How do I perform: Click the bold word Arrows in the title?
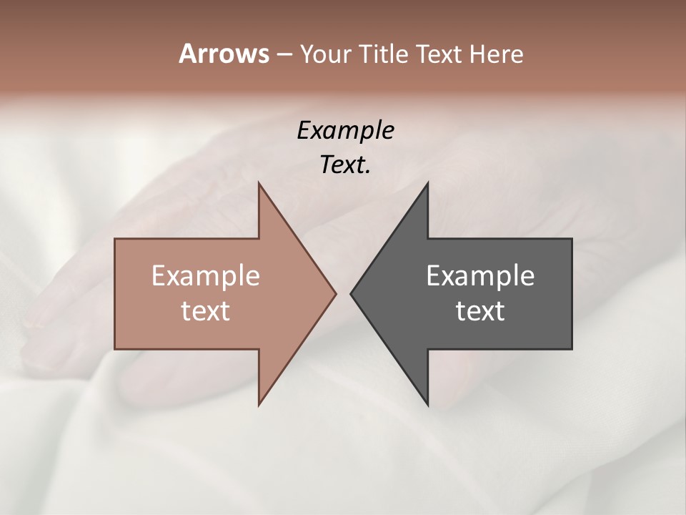[224, 54]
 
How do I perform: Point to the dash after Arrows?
[284, 54]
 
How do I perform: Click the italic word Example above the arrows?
[345, 130]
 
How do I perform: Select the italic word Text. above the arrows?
[345, 165]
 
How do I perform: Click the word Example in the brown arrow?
[206, 276]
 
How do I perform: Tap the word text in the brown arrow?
[206, 311]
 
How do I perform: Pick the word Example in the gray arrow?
[480, 276]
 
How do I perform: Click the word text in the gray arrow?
[480, 311]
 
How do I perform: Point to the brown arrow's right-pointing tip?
[335, 293]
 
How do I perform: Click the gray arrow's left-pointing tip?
[351, 293]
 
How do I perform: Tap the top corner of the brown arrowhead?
[259, 183]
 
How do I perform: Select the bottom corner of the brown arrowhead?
[259, 405]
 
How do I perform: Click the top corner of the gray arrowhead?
[427, 183]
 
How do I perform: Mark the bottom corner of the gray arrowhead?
[427, 405]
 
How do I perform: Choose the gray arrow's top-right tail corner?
[572, 239]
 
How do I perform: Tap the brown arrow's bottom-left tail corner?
[115, 349]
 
